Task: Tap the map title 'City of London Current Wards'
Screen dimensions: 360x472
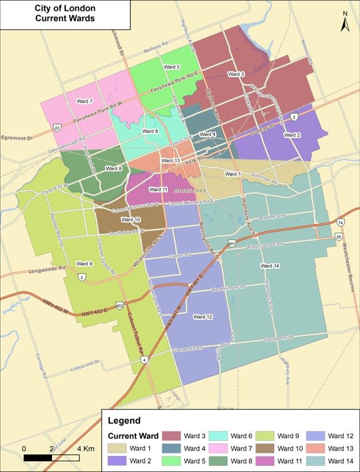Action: tap(65, 14)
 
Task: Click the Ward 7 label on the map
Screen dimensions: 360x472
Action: tap(84, 101)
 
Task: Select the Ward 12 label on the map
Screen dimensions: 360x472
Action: tap(202, 317)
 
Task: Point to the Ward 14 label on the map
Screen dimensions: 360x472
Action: tap(270, 266)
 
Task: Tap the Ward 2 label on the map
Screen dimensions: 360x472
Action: tap(292, 135)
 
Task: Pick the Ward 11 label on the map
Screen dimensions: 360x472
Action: tap(158, 189)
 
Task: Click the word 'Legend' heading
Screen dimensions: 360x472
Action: tap(124, 421)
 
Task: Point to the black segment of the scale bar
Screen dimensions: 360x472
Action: tap(38, 457)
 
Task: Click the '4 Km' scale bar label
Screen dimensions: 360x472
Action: tap(86, 447)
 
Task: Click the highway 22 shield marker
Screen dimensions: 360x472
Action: tap(57, 127)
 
